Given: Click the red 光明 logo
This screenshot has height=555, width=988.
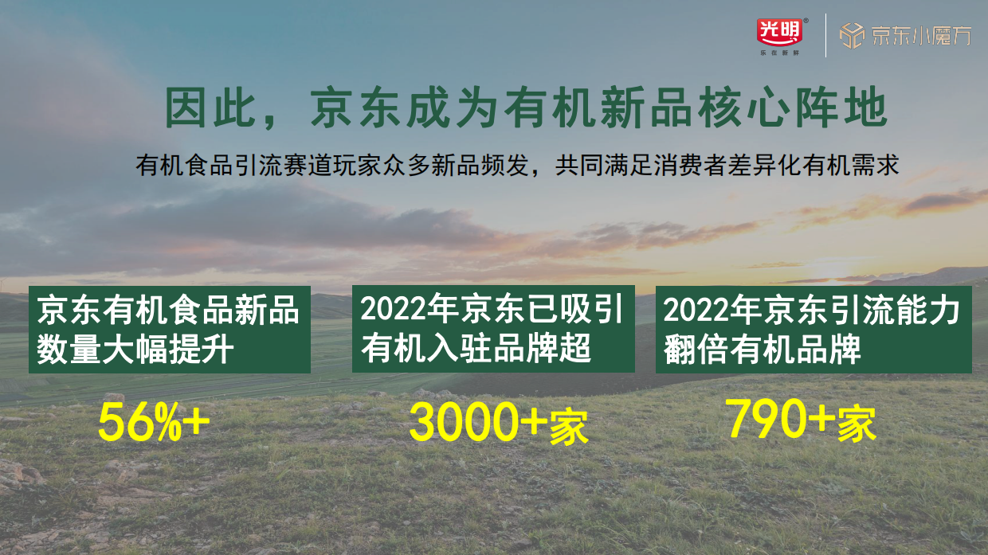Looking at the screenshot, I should [x=779, y=30].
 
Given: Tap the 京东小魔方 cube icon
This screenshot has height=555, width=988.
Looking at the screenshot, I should [x=852, y=36].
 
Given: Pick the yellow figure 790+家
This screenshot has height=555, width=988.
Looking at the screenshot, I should [x=801, y=420].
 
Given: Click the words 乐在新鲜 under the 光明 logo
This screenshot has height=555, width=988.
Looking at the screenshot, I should [x=779, y=53].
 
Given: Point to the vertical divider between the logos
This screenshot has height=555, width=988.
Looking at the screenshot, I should [x=825, y=36].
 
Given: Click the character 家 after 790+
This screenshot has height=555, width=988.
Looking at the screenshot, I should [x=857, y=424].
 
